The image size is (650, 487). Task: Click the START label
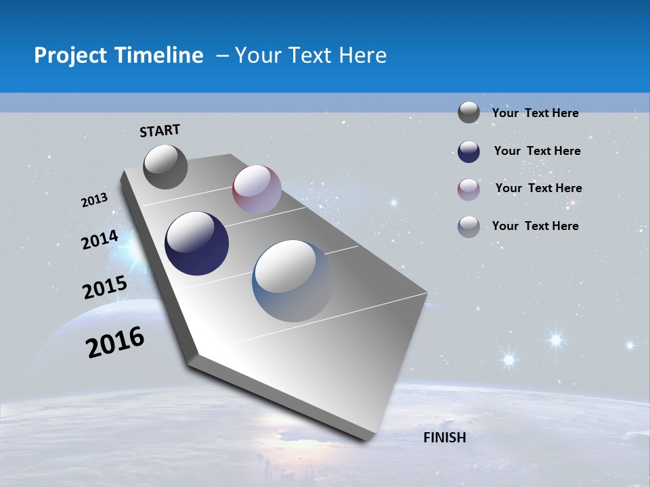pos(160,131)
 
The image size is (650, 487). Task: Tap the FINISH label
pos(445,438)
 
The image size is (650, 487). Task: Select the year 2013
pos(95,200)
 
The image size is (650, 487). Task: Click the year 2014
pos(100,239)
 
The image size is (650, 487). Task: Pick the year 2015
pos(105,288)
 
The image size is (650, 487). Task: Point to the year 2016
pos(116,342)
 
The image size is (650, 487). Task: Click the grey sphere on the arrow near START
pos(166,167)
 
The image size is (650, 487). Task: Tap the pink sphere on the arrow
pos(257,189)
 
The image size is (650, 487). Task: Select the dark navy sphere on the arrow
pos(197,243)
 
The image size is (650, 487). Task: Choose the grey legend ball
pos(469,112)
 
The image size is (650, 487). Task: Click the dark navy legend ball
pos(469,152)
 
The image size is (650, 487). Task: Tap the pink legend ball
pos(469,189)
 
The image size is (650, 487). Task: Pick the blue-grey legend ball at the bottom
pos(469,227)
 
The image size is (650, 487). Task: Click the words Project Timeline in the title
pos(118,55)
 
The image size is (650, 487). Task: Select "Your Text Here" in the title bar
pos(311,55)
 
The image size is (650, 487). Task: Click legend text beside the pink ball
pos(538,188)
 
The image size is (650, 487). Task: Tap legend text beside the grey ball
pos(535,113)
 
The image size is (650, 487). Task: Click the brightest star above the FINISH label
pos(555,339)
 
